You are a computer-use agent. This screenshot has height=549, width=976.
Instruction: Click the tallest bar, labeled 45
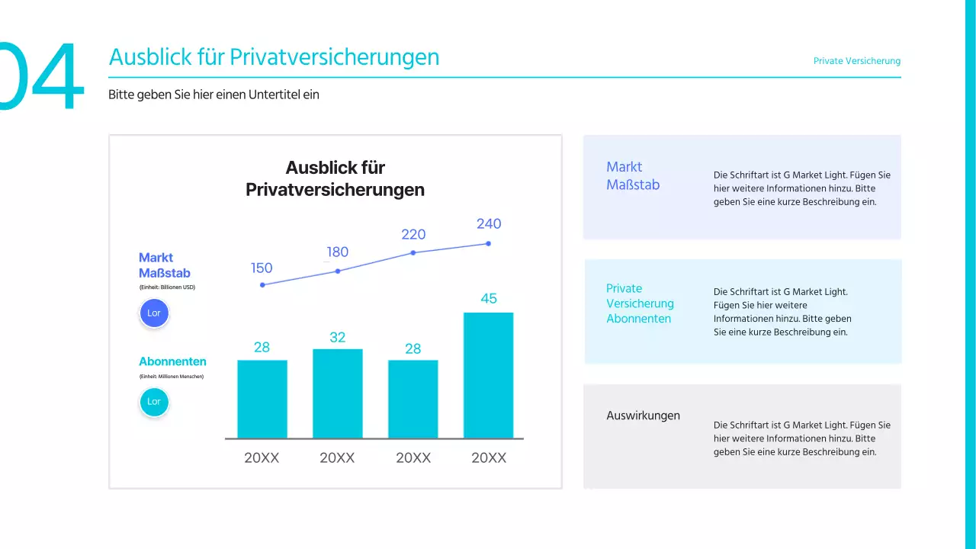(x=488, y=375)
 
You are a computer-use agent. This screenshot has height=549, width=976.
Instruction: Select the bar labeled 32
(x=337, y=393)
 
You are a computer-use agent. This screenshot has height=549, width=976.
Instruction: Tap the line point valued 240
(x=488, y=244)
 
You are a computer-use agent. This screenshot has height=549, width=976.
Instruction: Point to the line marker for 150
(x=262, y=285)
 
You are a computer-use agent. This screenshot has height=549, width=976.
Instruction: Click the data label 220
(x=413, y=234)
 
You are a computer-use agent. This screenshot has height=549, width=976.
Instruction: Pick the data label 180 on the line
(x=337, y=252)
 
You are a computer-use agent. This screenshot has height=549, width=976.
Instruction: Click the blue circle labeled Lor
(x=154, y=313)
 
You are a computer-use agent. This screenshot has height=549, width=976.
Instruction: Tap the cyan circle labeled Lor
(x=154, y=402)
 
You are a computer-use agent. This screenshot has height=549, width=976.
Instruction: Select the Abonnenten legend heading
(x=172, y=361)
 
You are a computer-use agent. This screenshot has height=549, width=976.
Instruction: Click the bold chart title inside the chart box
(x=335, y=178)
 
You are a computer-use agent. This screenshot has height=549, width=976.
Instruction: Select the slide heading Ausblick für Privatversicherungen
(x=274, y=57)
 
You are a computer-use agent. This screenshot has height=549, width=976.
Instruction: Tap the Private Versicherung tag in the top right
(x=856, y=61)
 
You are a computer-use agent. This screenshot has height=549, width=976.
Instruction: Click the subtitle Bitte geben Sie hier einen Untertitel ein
(x=213, y=95)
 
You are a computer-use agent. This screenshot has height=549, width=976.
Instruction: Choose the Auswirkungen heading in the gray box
(x=643, y=416)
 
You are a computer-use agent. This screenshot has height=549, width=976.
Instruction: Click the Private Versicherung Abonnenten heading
(x=640, y=303)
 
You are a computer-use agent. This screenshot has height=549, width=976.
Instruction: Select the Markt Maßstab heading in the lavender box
(x=632, y=175)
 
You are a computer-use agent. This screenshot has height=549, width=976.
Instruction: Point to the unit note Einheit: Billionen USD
(x=167, y=287)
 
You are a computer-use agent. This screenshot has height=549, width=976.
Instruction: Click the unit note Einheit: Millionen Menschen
(x=171, y=377)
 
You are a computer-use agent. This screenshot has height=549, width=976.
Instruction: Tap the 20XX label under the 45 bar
(x=488, y=457)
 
